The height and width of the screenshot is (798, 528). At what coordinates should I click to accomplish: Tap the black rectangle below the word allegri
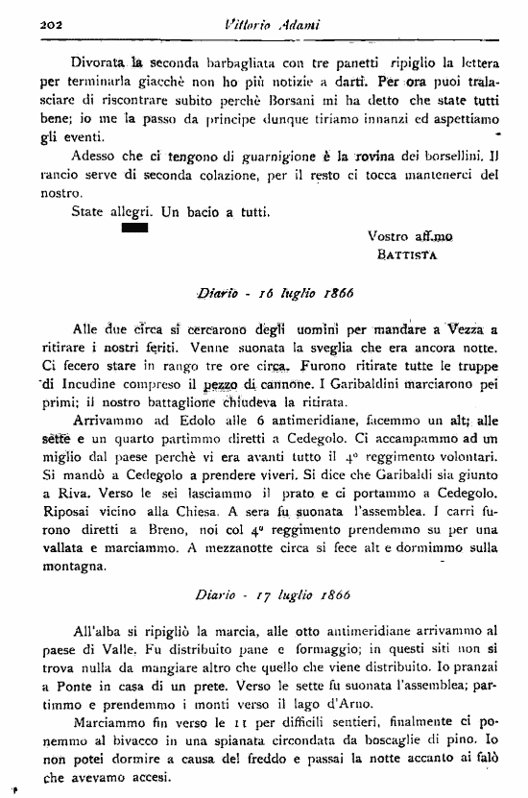pyautogui.click(x=134, y=230)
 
